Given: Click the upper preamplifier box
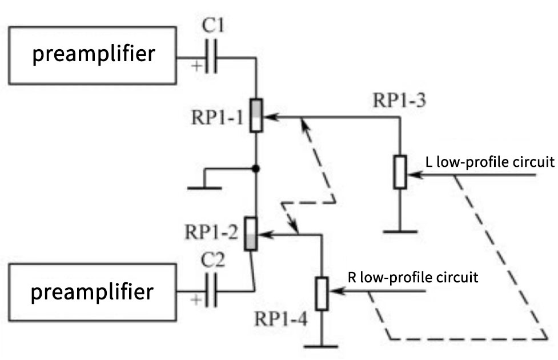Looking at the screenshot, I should click(93, 55).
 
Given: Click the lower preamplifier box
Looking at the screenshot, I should click(93, 293).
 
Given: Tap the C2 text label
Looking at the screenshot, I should click(212, 263).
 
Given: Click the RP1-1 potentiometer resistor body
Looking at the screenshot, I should click(256, 115).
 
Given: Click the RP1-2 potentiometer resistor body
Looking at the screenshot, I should click(251, 234).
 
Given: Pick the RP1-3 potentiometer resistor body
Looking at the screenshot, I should click(400, 172).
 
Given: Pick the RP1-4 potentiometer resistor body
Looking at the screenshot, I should click(322, 293).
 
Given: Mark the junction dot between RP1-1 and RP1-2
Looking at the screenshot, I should click(256, 169).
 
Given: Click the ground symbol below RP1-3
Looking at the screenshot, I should click(400, 231).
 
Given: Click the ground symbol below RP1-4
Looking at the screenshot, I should click(322, 345).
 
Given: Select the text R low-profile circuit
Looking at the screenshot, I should click(412, 278).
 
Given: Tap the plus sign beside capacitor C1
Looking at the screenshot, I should click(196, 66).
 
